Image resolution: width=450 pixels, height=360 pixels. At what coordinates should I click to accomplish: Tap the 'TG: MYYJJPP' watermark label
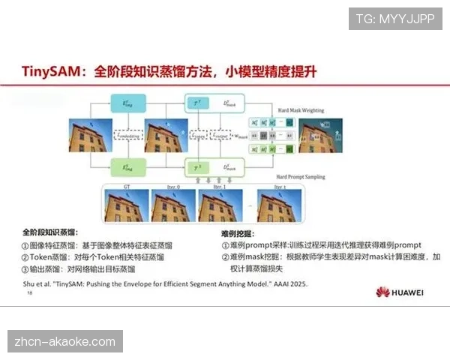coord(395,19)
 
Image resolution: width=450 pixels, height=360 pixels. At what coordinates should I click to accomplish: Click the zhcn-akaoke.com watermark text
coord(65,342)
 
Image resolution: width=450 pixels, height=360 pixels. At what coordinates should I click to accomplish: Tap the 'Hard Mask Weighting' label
coord(301,110)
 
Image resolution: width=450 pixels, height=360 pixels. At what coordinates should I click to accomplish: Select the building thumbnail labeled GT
coord(126,205)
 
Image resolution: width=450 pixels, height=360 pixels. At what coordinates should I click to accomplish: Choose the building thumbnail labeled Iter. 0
coord(173,205)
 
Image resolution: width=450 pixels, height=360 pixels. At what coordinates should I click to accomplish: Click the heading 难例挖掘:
coord(242,232)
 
